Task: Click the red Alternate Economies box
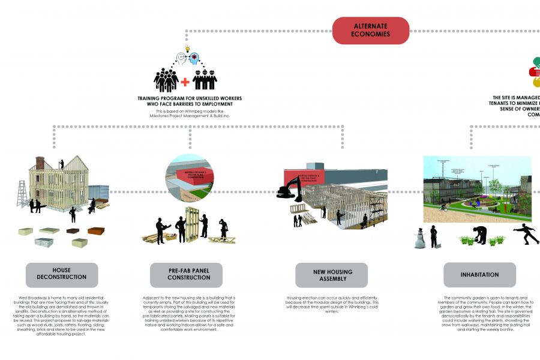coord(371,31)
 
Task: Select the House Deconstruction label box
coord(61,275)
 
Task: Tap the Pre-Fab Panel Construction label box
coord(187,275)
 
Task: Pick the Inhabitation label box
coord(479,275)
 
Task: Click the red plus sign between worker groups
coord(185,82)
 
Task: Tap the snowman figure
coord(419,239)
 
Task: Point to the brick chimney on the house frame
coord(40,163)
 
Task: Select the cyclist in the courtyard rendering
coord(443,208)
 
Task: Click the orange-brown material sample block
coord(96,230)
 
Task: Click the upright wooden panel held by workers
coord(193,224)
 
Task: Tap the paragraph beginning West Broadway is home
coord(61,316)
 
